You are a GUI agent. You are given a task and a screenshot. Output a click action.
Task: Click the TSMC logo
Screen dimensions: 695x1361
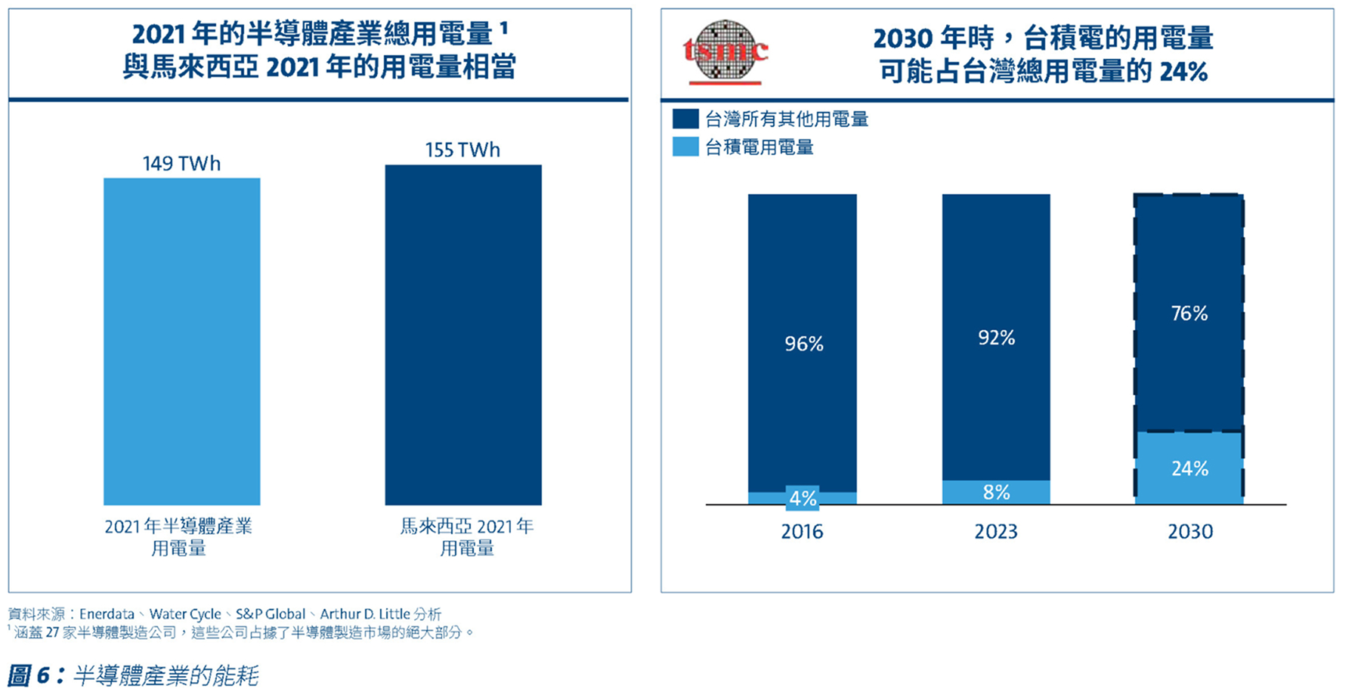(x=725, y=51)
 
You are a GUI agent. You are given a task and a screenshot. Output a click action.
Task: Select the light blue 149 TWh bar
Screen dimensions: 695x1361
(x=181, y=341)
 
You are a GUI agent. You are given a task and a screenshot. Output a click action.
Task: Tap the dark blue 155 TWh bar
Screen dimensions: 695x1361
(x=462, y=335)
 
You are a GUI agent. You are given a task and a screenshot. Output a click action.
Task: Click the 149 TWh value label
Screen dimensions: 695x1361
(x=181, y=163)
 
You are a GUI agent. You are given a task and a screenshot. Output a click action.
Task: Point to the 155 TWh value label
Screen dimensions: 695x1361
(x=462, y=150)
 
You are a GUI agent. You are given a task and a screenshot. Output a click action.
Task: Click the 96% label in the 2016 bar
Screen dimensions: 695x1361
(x=803, y=344)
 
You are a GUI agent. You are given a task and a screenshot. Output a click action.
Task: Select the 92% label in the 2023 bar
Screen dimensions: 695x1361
(x=996, y=338)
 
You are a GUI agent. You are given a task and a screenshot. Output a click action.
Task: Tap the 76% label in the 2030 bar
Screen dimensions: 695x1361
(x=1189, y=313)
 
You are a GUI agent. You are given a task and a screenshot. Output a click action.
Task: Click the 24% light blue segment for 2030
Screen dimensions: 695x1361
(x=1189, y=468)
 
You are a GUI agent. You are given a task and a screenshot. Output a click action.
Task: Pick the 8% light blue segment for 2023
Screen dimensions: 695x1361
(x=996, y=492)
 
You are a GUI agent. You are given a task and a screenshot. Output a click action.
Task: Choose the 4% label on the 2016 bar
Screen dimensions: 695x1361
(x=803, y=499)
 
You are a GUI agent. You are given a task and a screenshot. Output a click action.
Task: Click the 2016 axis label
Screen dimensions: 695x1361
(x=802, y=532)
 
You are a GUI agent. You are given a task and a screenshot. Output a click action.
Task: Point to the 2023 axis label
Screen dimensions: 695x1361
(x=996, y=532)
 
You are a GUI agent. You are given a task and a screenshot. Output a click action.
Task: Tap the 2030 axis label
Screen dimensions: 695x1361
(x=1190, y=532)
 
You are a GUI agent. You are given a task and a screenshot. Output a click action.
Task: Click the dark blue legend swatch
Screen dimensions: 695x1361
(x=685, y=119)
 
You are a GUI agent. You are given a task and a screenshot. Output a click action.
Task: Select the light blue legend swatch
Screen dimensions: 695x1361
(x=685, y=147)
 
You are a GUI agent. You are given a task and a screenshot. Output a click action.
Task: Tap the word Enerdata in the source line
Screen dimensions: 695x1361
(x=107, y=614)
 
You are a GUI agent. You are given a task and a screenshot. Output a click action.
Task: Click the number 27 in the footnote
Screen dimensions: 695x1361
(x=52, y=632)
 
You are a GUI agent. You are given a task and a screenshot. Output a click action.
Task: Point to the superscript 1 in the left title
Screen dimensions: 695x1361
(x=504, y=27)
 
